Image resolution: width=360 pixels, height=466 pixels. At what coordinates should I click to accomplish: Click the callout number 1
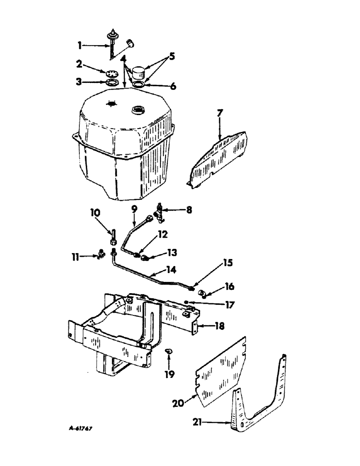click(x=80, y=45)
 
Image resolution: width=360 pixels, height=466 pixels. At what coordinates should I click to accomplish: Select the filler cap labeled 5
click(x=138, y=73)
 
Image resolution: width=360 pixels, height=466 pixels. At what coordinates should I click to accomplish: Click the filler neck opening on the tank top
click(x=138, y=110)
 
